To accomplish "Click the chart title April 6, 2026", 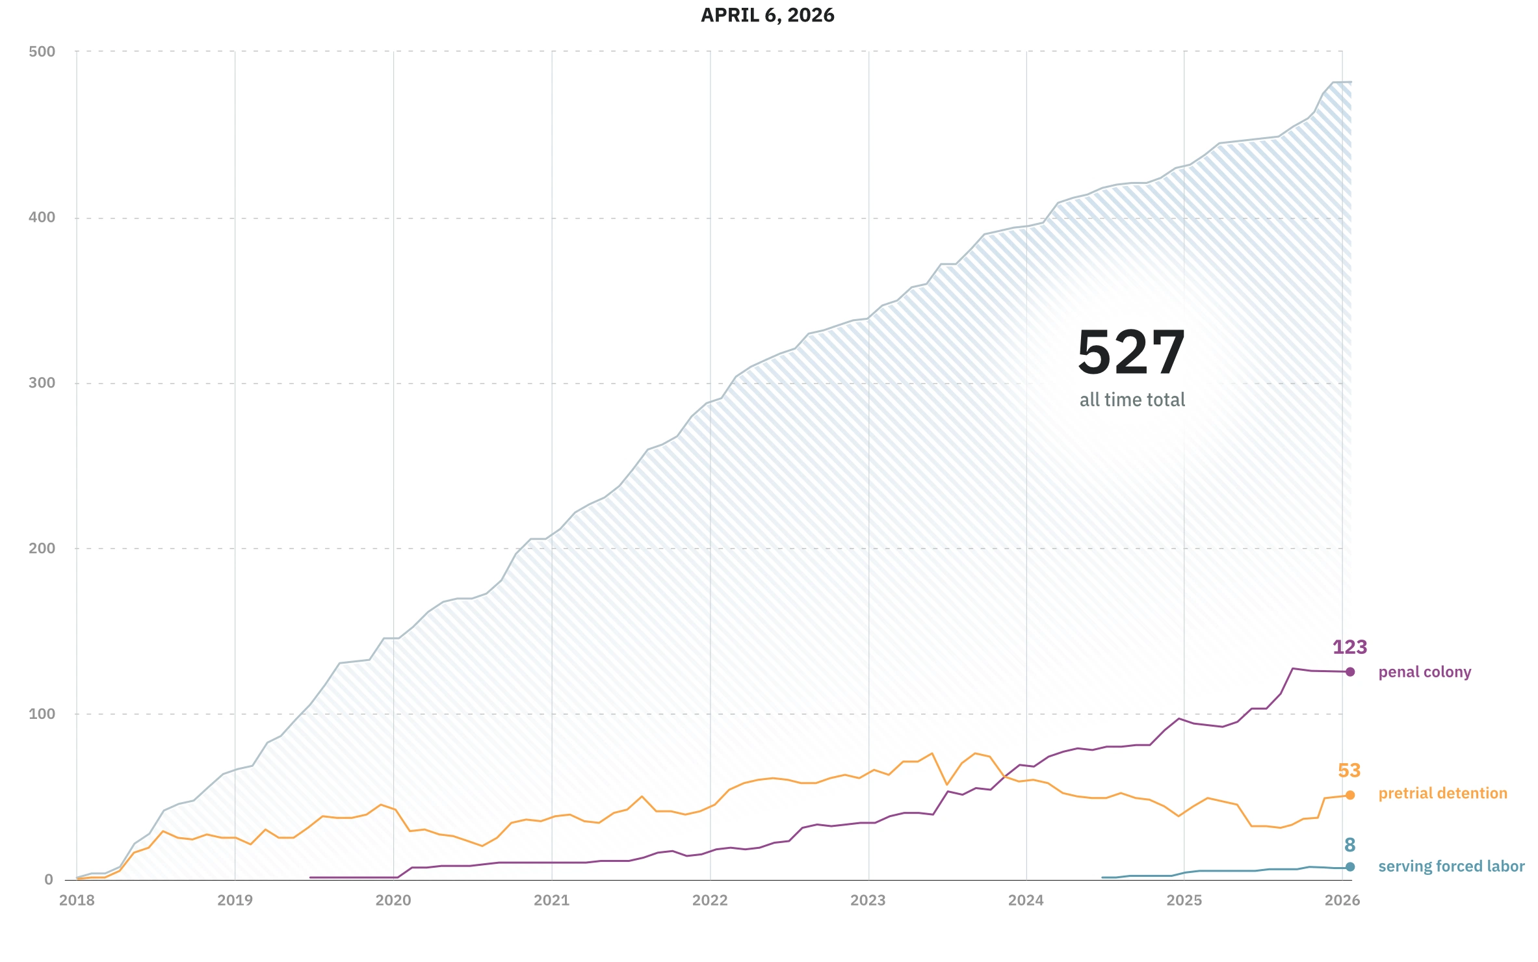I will (x=767, y=16).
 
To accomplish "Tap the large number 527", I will (x=1131, y=353).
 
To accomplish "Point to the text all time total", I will (x=1132, y=400).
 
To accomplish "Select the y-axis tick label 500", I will (x=42, y=52).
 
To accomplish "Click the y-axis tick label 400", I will (x=42, y=218).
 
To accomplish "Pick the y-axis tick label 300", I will (x=42, y=383).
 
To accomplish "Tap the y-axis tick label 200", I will (x=42, y=549).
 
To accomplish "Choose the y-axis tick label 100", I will (x=42, y=714).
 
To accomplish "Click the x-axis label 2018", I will (x=77, y=900).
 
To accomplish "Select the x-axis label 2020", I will (x=393, y=900).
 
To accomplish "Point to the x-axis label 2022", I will (x=710, y=900).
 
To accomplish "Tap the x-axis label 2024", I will (x=1026, y=900).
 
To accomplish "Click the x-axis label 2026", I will (x=1342, y=900).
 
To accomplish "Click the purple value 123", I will (x=1349, y=647).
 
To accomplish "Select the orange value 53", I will (x=1349, y=771).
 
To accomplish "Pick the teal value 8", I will (x=1349, y=845).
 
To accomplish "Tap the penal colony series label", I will (x=1424, y=672).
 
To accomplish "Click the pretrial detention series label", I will (x=1442, y=794).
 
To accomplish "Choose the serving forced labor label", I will (x=1451, y=866).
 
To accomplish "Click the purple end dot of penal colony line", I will (x=1350, y=672).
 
